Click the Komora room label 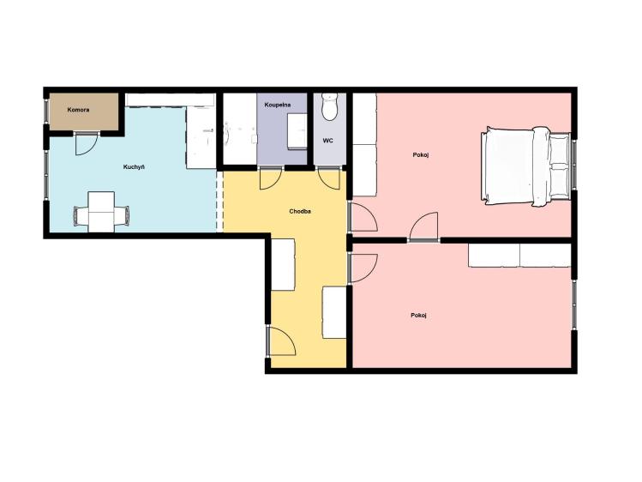pyautogui.click(x=78, y=110)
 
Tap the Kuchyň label pyautogui.click(x=134, y=167)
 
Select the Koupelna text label pyautogui.click(x=278, y=105)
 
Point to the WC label pyautogui.click(x=328, y=141)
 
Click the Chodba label pyautogui.click(x=300, y=212)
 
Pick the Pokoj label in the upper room pyautogui.click(x=421, y=155)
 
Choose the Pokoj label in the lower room pyautogui.click(x=419, y=316)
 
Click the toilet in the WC pyautogui.click(x=329, y=106)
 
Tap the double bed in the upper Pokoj pyautogui.click(x=525, y=166)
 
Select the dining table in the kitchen pyautogui.click(x=101, y=212)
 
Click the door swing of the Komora pyautogui.click(x=86, y=144)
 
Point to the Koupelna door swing pyautogui.click(x=270, y=179)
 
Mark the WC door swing pyautogui.click(x=329, y=179)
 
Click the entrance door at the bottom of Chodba pyautogui.click(x=281, y=341)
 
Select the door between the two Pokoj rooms pyautogui.click(x=424, y=226)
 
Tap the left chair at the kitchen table pyautogui.click(x=81, y=215)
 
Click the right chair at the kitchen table pyautogui.click(x=122, y=215)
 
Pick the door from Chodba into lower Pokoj pyautogui.click(x=363, y=268)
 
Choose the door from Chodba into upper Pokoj pyautogui.click(x=363, y=217)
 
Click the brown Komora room pyautogui.click(x=84, y=111)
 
